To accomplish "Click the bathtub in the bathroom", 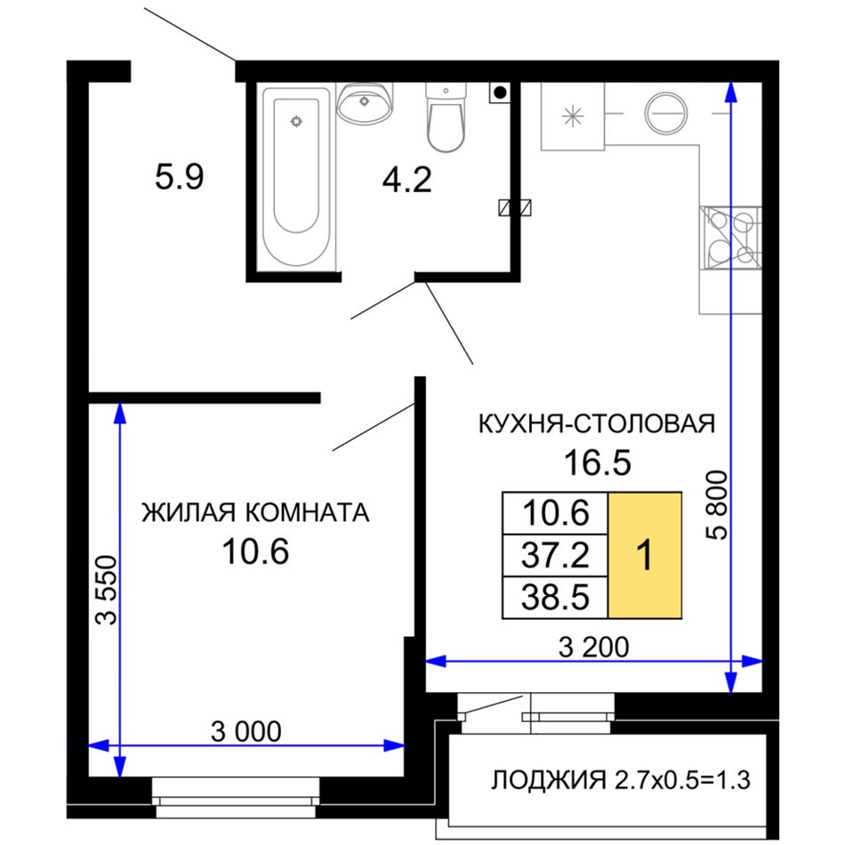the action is (296, 177).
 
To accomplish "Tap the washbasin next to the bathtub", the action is (365, 103).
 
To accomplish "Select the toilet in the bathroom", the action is (446, 117).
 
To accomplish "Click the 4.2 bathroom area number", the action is (406, 180).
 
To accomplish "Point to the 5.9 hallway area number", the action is (180, 177).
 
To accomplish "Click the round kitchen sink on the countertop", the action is (666, 113).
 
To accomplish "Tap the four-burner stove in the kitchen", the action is (730, 237).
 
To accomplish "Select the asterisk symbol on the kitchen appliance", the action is (572, 116).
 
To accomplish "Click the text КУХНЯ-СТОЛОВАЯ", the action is (597, 423).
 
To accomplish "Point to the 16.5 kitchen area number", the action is (597, 463).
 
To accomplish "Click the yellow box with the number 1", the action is (645, 555).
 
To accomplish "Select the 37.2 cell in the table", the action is (555, 555).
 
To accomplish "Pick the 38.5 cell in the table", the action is (555, 597).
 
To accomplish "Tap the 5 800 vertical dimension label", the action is (717, 505).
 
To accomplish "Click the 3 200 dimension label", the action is (593, 647).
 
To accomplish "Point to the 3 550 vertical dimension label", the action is (106, 590).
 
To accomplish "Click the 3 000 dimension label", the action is (245, 731).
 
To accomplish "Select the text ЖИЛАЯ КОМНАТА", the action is (255, 512).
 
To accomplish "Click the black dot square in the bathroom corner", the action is (500, 93).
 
